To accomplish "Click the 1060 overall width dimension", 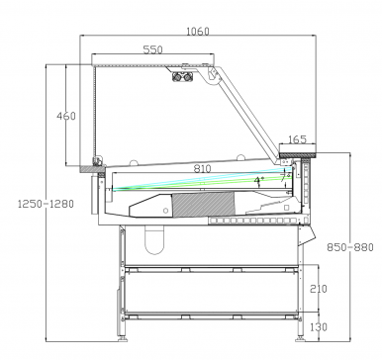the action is (198, 32).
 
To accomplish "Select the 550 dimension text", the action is (152, 49).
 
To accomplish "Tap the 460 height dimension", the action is (66, 116).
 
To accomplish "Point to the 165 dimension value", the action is (297, 139).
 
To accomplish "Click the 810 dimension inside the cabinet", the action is (202, 169).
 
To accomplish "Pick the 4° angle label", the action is (259, 180).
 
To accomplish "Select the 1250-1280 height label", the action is (46, 204).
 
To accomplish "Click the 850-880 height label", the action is (350, 247).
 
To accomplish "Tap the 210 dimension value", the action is (319, 289).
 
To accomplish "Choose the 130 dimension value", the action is (319, 327).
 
